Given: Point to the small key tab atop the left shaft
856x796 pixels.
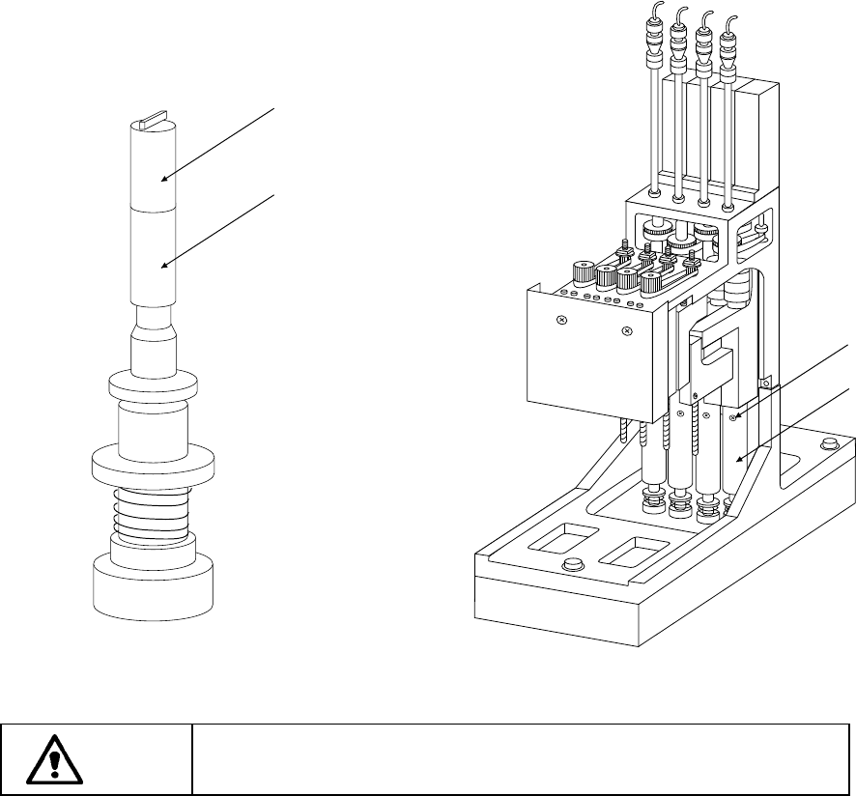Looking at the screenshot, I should tap(155, 123).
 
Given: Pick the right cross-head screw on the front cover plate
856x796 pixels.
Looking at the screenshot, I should tap(627, 331).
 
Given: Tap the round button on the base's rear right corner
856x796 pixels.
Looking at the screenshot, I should tap(827, 444).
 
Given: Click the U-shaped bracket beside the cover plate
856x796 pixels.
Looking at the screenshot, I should tap(714, 357).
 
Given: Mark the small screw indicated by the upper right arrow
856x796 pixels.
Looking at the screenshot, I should tap(733, 416).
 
